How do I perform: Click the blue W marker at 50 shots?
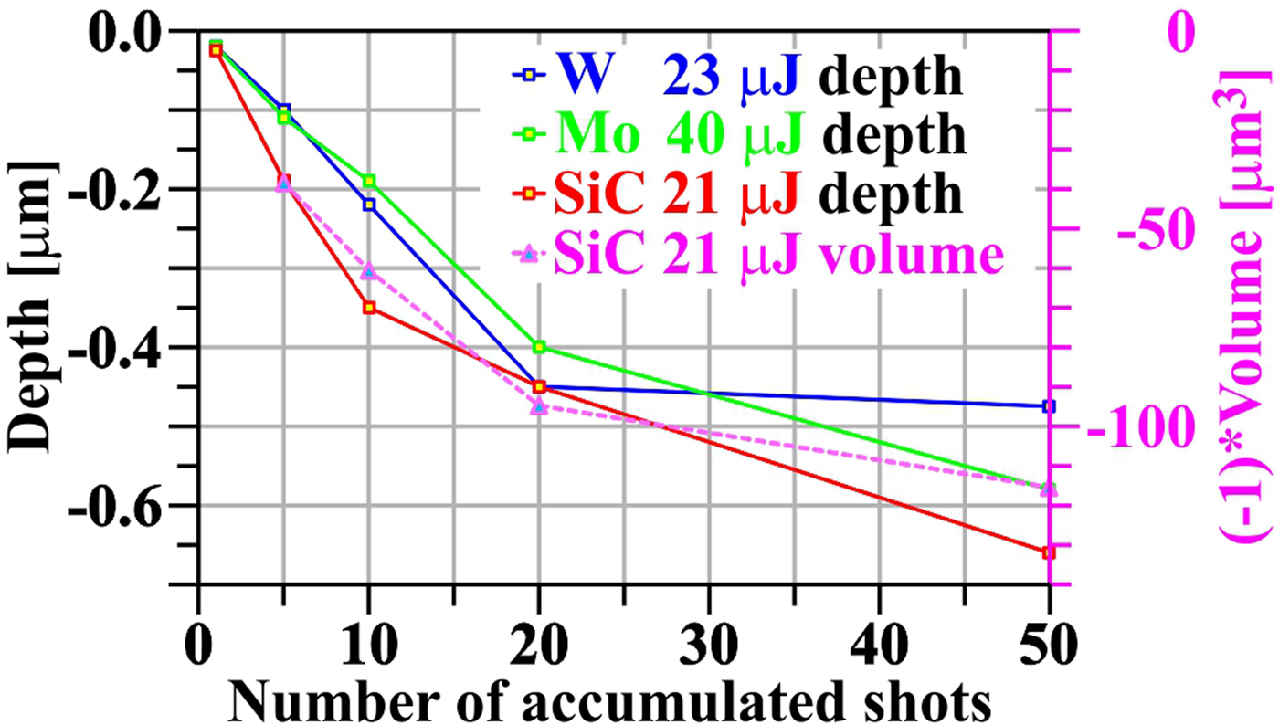[1049, 406]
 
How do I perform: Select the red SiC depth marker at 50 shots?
[1049, 552]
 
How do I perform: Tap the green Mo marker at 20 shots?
[539, 347]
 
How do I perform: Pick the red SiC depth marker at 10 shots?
[369, 308]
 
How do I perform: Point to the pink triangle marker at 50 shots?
[1049, 489]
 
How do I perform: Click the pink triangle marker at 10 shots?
[369, 272]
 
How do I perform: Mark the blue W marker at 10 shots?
[369, 205]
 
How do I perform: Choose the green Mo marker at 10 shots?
[369, 181]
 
